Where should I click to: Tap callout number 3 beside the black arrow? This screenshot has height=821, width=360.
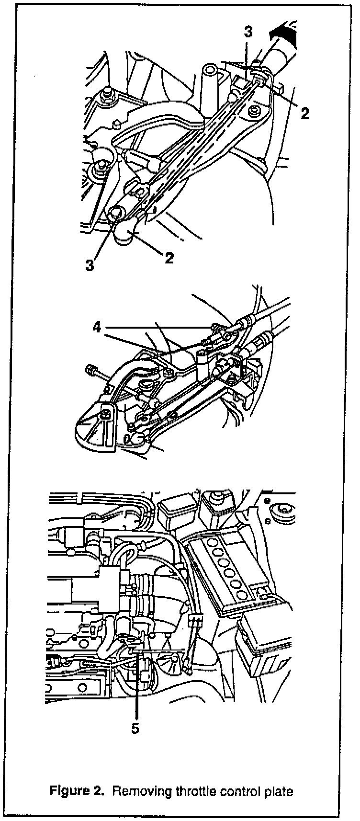(x=248, y=33)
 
